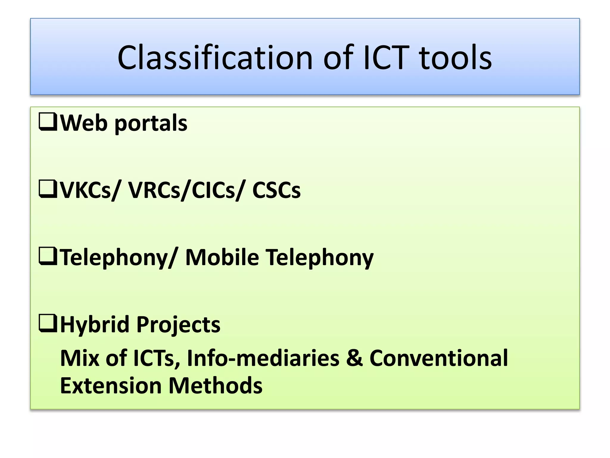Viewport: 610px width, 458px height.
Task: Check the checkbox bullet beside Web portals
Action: point(48,122)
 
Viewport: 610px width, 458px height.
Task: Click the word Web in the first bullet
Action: point(84,123)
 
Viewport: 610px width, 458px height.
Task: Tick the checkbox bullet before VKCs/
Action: point(48,189)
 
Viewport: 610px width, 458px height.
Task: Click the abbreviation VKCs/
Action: point(91,190)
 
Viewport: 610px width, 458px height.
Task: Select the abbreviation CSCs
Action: point(276,190)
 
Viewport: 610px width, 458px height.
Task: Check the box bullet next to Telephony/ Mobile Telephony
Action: point(48,256)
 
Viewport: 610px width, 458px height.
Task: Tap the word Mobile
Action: point(222,257)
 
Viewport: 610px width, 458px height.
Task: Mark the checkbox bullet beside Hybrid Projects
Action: point(48,324)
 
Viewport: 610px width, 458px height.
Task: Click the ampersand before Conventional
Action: point(354,358)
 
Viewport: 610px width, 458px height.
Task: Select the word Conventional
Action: point(438,358)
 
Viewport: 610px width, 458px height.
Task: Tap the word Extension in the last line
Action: point(111,386)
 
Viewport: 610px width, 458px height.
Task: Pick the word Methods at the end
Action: point(215,386)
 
